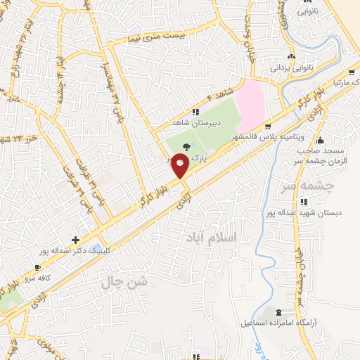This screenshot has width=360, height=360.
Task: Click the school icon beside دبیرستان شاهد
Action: (196, 112)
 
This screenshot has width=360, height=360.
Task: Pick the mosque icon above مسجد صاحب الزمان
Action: (321, 139)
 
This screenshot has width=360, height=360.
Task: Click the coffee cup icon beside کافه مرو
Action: (38, 267)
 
